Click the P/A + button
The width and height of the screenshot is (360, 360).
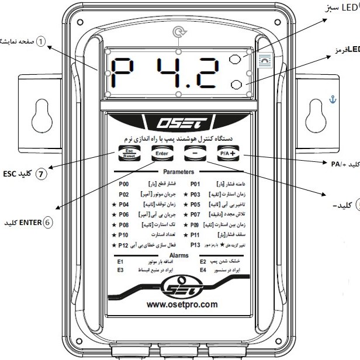(228, 155)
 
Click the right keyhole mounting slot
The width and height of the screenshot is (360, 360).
(317, 110)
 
